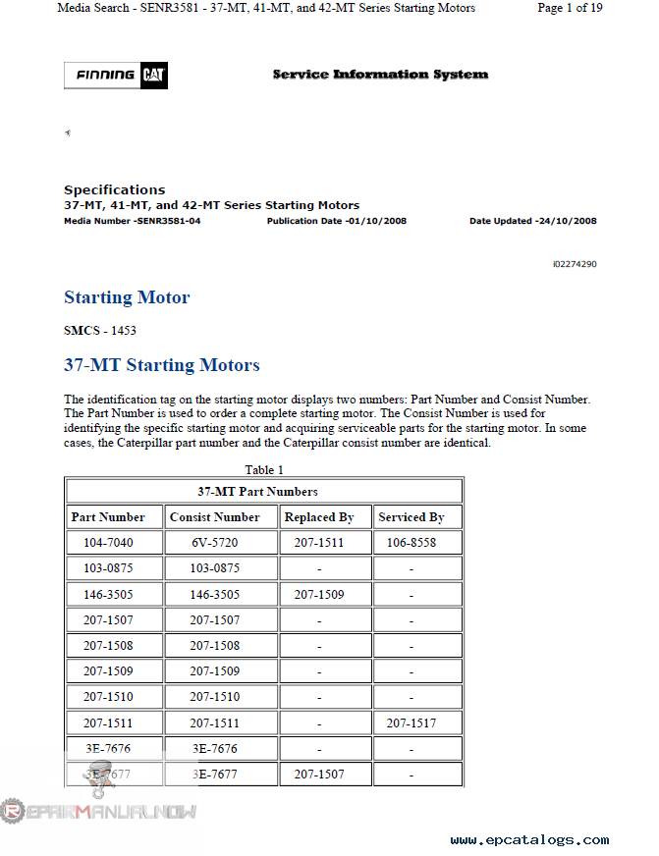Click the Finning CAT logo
pyautogui.click(x=116, y=76)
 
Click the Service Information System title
pyautogui.click(x=380, y=75)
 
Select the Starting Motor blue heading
pyautogui.click(x=127, y=297)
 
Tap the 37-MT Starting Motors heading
pyautogui.click(x=162, y=365)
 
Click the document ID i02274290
pyautogui.click(x=575, y=264)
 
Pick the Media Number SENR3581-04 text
pyautogui.click(x=132, y=221)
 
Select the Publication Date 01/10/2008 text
pyautogui.click(x=336, y=221)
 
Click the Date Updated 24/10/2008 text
pyautogui.click(x=532, y=221)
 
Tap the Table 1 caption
pyautogui.click(x=264, y=470)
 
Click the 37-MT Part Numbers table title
pyautogui.click(x=257, y=491)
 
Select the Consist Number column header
pyautogui.click(x=215, y=517)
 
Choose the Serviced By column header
pyautogui.click(x=411, y=517)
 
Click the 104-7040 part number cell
pyautogui.click(x=108, y=543)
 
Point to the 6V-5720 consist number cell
pyautogui.click(x=215, y=543)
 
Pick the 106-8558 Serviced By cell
pyautogui.click(x=411, y=543)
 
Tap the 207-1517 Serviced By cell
pyautogui.click(x=411, y=723)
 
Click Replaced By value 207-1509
pyautogui.click(x=318, y=594)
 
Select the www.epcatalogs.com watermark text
pyautogui.click(x=529, y=840)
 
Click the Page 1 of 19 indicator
pyautogui.click(x=570, y=8)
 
